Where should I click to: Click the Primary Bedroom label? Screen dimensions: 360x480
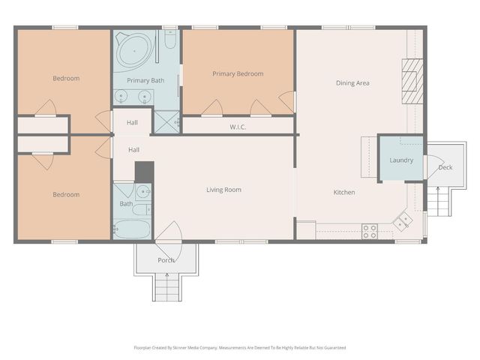pos(238,73)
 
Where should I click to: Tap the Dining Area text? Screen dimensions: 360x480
pos(352,82)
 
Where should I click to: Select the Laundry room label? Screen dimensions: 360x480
pos(401,160)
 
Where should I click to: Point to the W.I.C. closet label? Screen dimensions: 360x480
pos(238,127)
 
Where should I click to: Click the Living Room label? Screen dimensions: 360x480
pos(223,190)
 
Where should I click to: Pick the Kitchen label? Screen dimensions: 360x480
pos(344,193)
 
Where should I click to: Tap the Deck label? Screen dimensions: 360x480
pos(445,166)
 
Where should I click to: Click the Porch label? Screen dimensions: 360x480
pos(166,260)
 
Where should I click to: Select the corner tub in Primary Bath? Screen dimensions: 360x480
pos(131,49)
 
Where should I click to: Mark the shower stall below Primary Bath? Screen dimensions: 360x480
pos(167,121)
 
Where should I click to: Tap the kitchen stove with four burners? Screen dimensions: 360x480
pos(370,230)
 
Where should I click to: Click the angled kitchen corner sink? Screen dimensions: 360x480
pos(403,220)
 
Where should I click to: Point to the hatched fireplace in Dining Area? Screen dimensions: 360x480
pos(412,76)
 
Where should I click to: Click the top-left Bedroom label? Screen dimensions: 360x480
pos(66,78)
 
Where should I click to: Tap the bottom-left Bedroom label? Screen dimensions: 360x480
pos(66,195)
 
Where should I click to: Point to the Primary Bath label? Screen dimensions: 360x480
pos(145,80)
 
